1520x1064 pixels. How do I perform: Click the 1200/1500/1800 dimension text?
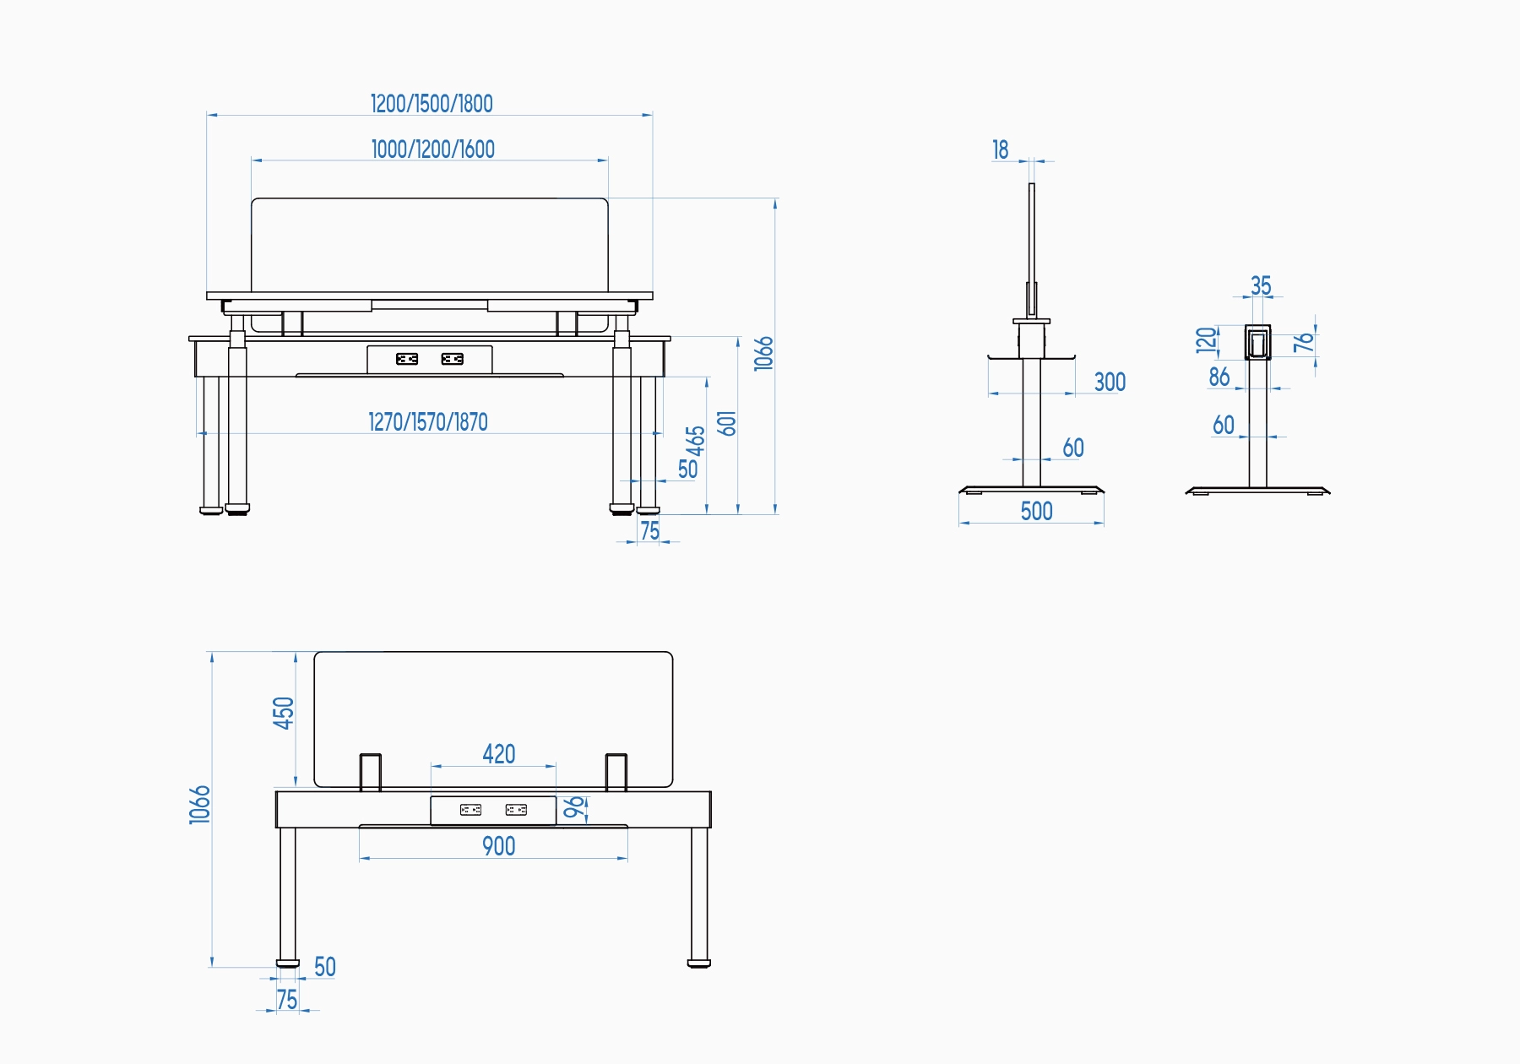click(x=432, y=104)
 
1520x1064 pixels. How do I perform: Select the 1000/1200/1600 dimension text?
click(x=432, y=149)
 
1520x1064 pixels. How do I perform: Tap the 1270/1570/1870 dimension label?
click(x=428, y=422)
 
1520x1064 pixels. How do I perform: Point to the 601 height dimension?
click(x=727, y=423)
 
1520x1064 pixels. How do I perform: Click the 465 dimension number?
click(x=695, y=440)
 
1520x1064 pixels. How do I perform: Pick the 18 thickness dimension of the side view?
click(x=1001, y=150)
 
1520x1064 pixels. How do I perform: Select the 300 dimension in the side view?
click(x=1110, y=383)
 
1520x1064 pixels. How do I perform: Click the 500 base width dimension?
click(x=1036, y=512)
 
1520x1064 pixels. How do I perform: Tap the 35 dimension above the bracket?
click(x=1261, y=286)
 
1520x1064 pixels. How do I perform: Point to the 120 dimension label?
click(x=1207, y=339)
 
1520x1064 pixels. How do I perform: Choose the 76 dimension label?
click(x=1304, y=342)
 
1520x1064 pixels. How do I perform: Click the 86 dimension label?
click(x=1219, y=377)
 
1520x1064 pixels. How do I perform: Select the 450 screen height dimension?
click(x=284, y=713)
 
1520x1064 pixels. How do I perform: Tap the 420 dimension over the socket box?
click(x=498, y=754)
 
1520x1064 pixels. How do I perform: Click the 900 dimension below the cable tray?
click(x=498, y=846)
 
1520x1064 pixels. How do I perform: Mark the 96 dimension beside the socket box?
click(x=573, y=807)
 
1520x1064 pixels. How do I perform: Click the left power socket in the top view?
click(x=407, y=359)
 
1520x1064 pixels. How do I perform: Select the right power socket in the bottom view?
click(x=516, y=810)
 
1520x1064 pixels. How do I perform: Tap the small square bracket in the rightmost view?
click(x=1257, y=343)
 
